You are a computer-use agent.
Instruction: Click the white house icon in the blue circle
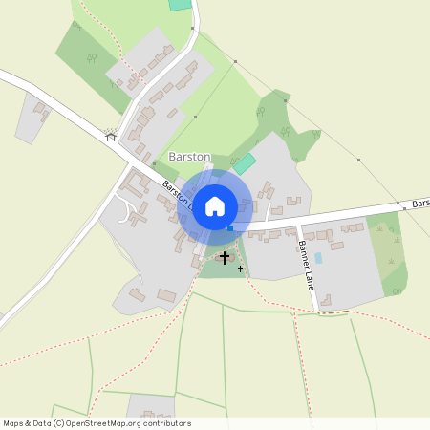pyautogui.click(x=215, y=205)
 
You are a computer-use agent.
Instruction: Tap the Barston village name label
pyautogui.click(x=189, y=156)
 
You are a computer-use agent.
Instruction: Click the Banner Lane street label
pyautogui.click(x=306, y=256)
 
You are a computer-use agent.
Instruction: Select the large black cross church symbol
pyautogui.click(x=226, y=257)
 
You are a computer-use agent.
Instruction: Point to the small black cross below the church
pyautogui.click(x=240, y=269)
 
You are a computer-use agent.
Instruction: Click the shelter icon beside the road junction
pyautogui.click(x=110, y=136)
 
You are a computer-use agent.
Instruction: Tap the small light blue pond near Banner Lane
pyautogui.click(x=318, y=258)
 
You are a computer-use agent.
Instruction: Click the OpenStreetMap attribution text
pyautogui.click(x=97, y=423)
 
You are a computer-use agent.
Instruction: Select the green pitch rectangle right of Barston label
pyautogui.click(x=245, y=163)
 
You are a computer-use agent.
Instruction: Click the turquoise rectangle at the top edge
pyautogui.click(x=180, y=5)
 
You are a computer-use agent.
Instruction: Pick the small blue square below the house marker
pyautogui.click(x=229, y=226)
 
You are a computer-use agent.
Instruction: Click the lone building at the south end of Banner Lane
pyautogui.click(x=326, y=301)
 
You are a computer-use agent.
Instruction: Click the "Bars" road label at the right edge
pyautogui.click(x=418, y=204)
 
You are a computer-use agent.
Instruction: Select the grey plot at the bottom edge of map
pyautogui.click(x=151, y=407)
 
